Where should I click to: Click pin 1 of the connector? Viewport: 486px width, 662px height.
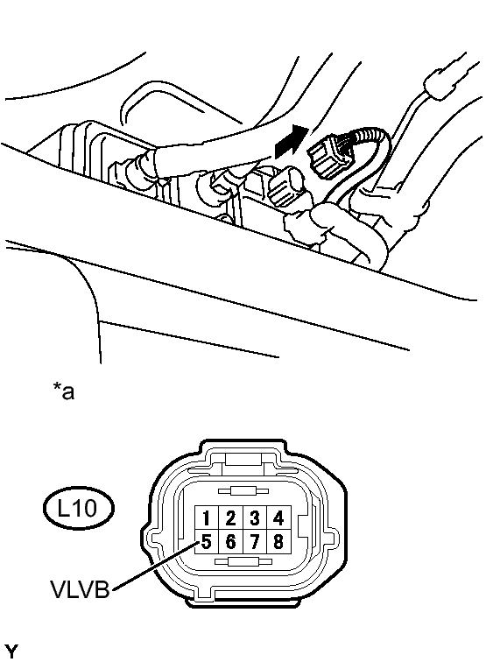point(206,518)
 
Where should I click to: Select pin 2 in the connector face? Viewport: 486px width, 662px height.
point(230,518)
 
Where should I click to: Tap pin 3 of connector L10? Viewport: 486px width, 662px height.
point(254,518)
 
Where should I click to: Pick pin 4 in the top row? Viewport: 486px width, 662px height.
point(278,518)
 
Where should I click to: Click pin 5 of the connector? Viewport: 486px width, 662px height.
point(206,541)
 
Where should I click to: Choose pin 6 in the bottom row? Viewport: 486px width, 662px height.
point(230,541)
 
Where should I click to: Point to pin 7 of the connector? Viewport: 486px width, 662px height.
point(254,541)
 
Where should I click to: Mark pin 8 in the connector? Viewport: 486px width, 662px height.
point(278,541)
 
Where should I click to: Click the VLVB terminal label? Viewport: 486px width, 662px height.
point(80,589)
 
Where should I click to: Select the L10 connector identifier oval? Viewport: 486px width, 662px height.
point(79,508)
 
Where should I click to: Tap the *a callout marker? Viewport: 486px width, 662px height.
point(63,391)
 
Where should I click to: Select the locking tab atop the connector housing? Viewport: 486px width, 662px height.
point(243,459)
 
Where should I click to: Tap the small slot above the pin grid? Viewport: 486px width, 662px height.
point(243,491)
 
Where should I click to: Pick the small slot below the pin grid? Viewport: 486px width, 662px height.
point(242,561)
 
